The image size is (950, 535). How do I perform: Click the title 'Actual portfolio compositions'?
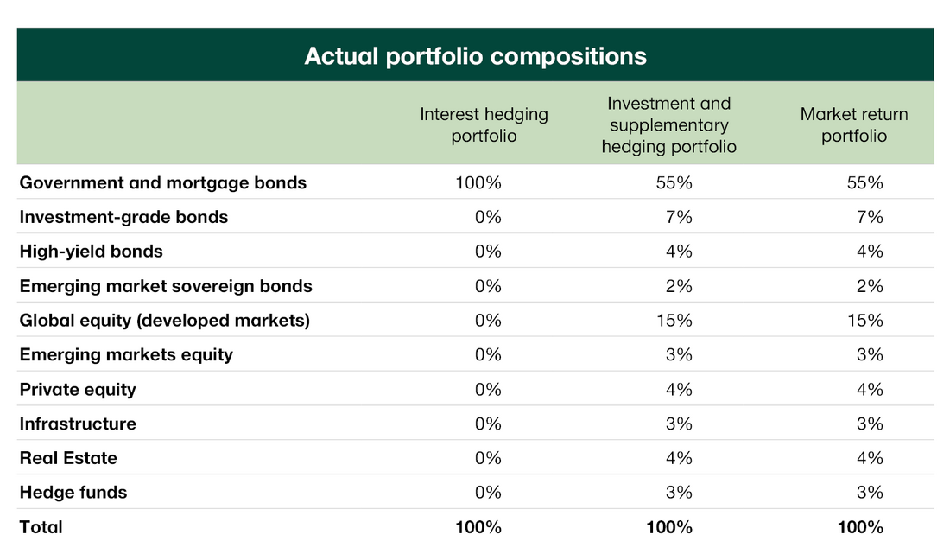coord(475,56)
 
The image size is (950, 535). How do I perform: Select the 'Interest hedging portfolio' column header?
coord(484,124)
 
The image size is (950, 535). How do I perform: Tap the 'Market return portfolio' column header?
coord(853,124)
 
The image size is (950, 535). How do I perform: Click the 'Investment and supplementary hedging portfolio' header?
coord(668,124)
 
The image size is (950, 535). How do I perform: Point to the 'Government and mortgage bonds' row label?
coord(163,183)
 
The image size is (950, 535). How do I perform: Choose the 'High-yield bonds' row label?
coord(92,252)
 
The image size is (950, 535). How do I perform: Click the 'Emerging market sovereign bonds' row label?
coord(166,286)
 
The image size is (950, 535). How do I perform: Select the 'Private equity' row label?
coord(78,389)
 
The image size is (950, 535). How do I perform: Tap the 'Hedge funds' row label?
coord(73,493)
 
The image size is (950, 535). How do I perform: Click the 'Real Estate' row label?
coord(68,458)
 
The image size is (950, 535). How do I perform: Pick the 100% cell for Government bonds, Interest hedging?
coord(478,183)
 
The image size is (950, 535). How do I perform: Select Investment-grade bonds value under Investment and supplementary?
coord(680,217)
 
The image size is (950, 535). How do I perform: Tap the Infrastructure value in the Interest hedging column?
coord(488,424)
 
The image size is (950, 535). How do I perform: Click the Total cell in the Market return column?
coord(860,527)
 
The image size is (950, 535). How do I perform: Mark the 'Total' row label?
coord(41,527)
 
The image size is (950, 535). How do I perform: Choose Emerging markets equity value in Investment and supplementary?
coord(680,354)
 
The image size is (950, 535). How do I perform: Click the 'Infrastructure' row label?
coord(78,424)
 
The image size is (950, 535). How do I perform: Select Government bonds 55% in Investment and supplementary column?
coord(674,183)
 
